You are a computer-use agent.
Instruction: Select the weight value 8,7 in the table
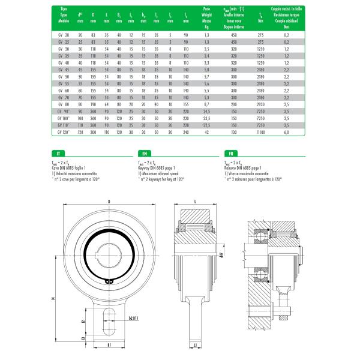(x=206, y=104)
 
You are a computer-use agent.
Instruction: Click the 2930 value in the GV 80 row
(x=260, y=104)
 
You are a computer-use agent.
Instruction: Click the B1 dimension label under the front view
(x=109, y=346)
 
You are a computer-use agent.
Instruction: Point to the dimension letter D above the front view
(x=109, y=200)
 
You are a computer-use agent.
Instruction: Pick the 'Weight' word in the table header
(x=206, y=15)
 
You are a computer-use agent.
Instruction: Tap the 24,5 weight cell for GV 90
(x=206, y=112)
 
